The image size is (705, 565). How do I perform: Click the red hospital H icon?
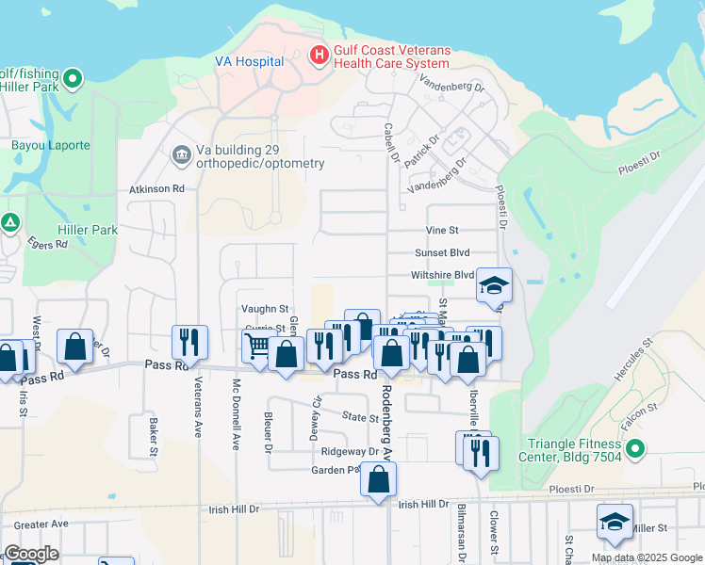point(319,56)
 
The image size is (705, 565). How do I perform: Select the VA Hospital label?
point(250,62)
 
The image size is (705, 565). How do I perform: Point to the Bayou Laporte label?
point(51,146)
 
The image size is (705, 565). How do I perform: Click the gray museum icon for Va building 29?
point(180,153)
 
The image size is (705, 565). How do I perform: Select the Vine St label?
point(441,230)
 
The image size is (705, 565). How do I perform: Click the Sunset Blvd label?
point(442,253)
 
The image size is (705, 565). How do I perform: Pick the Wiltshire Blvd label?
point(442,275)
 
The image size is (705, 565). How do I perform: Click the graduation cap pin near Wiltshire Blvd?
point(494,283)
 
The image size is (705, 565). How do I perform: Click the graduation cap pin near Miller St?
point(615,522)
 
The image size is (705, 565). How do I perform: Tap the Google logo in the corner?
point(31,554)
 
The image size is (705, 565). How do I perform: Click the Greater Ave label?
point(41,525)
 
